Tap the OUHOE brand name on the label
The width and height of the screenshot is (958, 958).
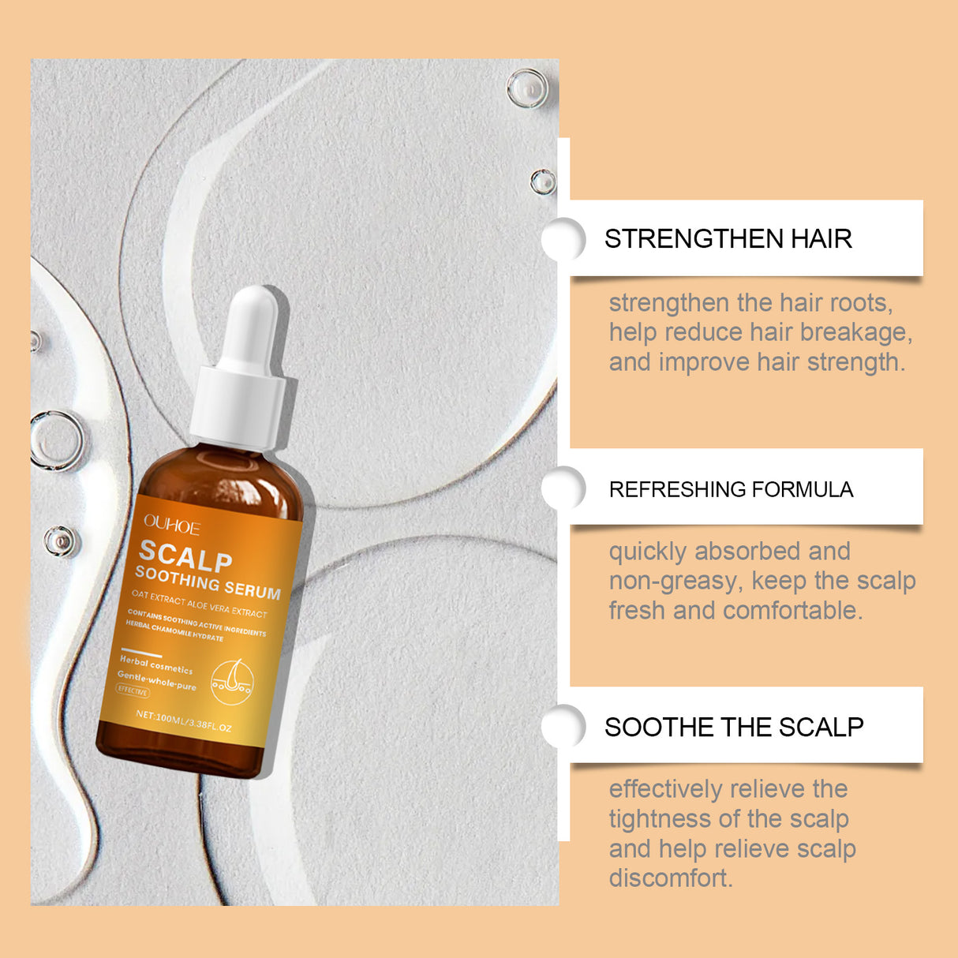172,525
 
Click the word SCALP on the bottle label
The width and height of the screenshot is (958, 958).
185,556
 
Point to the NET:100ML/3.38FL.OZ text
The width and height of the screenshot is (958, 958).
183,720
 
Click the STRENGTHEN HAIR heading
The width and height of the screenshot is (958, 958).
728,238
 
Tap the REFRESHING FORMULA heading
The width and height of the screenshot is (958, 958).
731,489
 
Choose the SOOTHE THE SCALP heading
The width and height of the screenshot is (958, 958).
734,727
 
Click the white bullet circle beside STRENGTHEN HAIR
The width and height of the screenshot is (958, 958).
563,239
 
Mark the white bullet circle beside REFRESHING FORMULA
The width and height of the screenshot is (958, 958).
563,488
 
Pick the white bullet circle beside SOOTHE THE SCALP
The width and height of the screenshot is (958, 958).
563,726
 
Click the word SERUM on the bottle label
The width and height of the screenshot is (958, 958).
252,589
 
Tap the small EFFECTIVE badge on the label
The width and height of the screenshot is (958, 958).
133,691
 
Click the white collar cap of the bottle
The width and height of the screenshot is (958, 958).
241,405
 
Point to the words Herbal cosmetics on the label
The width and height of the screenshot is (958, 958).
155,664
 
